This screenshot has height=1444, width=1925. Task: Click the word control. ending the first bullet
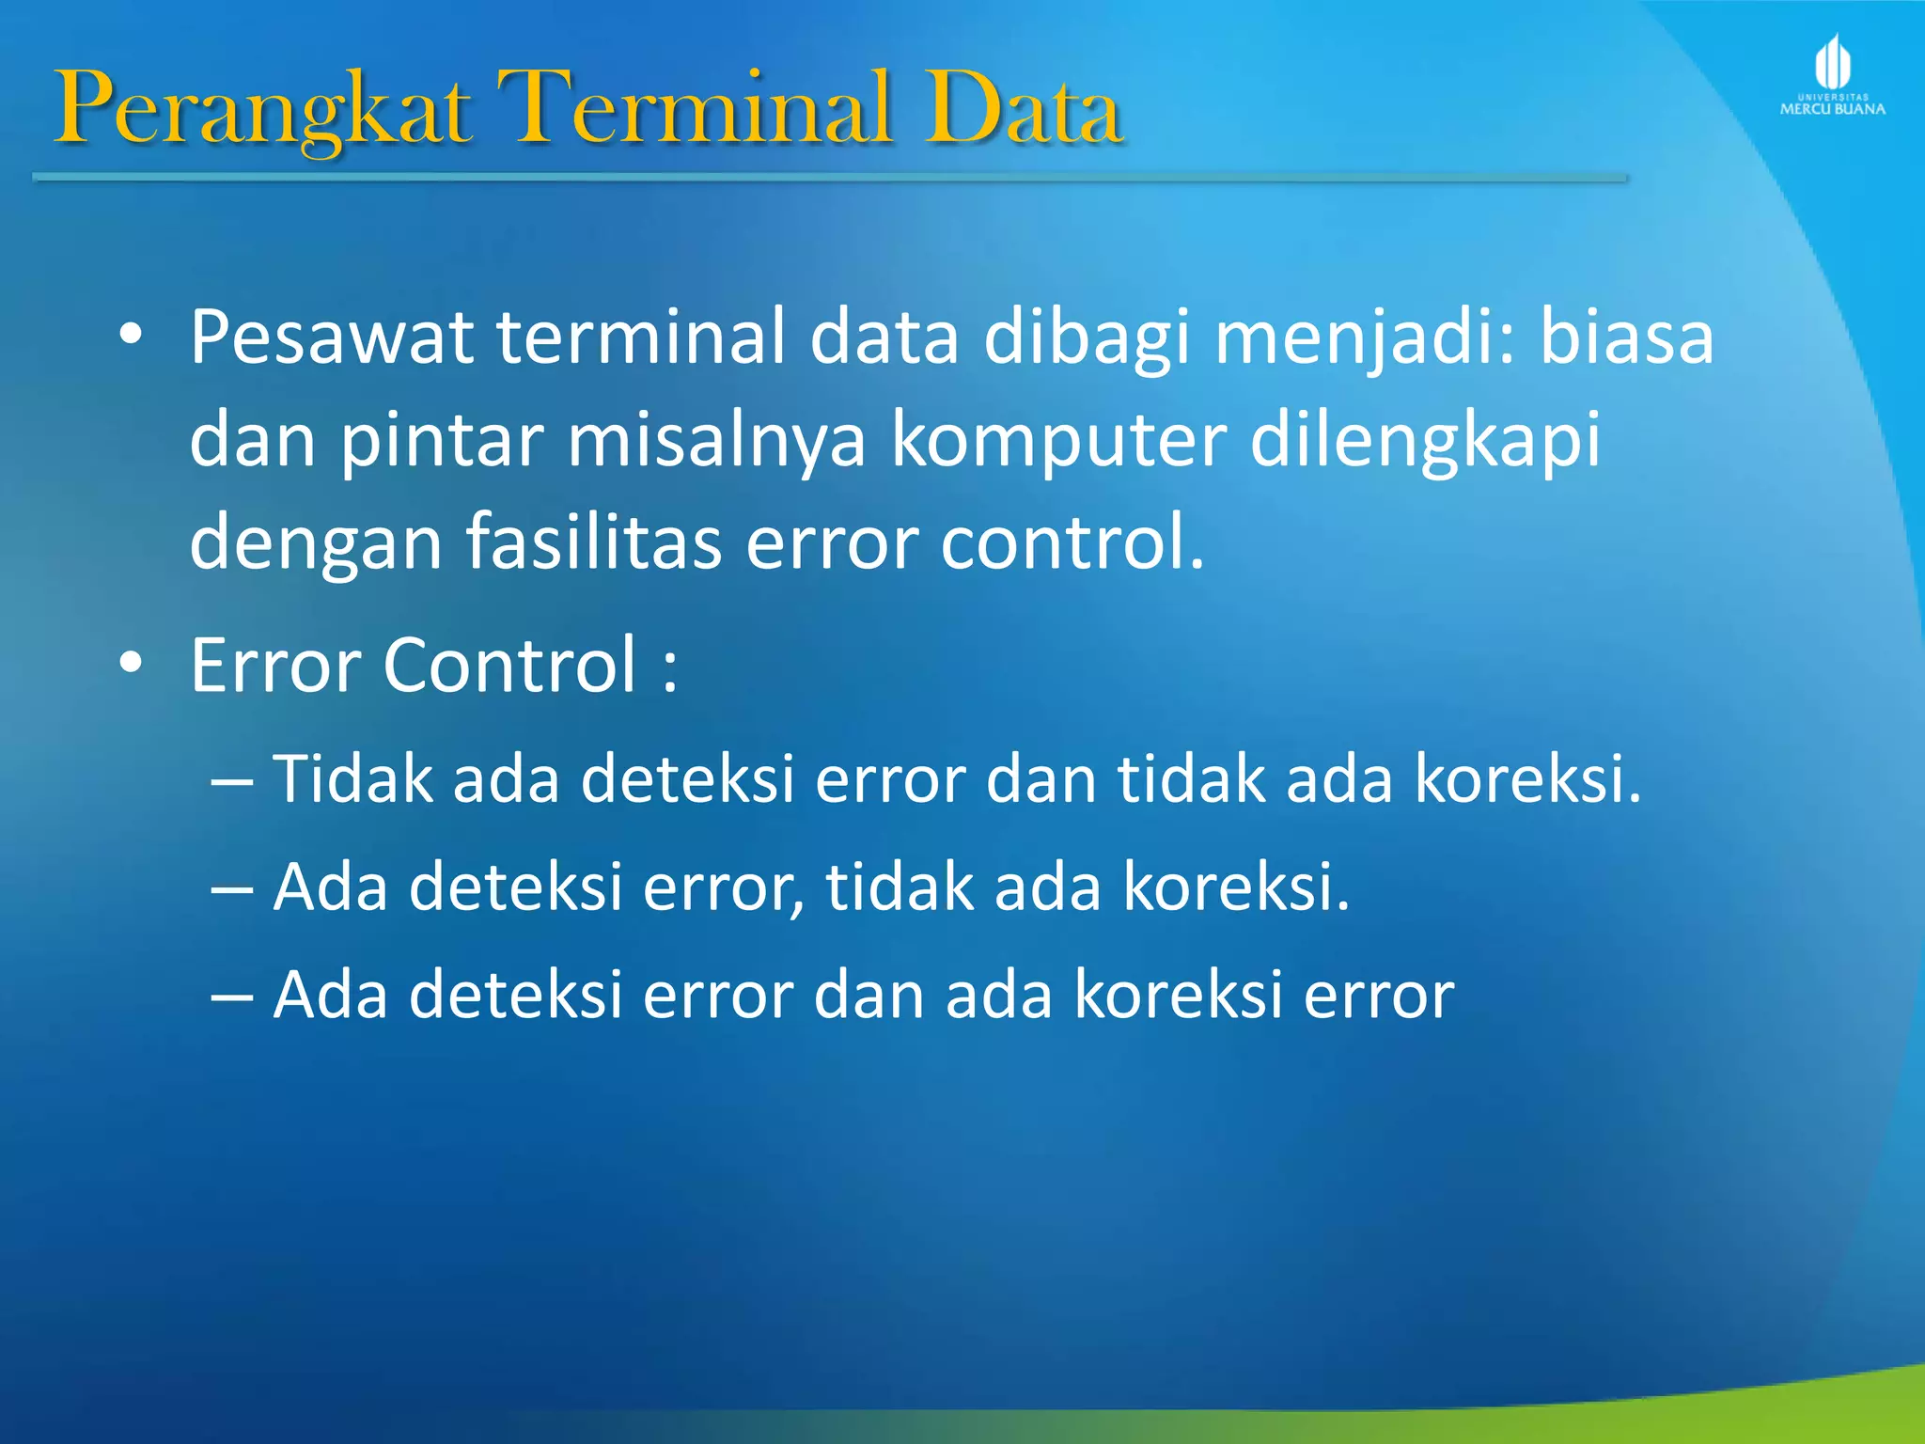coord(1072,542)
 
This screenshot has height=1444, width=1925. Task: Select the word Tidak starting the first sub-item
coord(352,778)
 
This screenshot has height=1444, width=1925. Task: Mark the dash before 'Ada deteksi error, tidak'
coord(232,888)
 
